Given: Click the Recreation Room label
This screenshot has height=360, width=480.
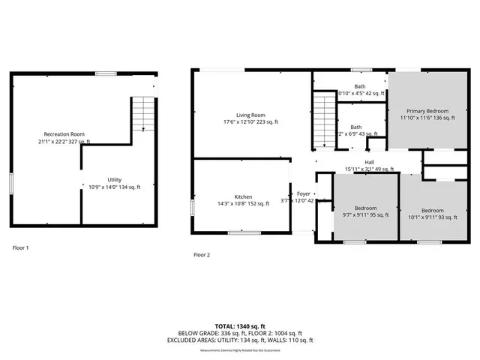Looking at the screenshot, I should [64, 133].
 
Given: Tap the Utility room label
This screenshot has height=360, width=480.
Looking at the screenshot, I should [114, 180].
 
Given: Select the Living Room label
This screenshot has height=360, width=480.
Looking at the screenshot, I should [250, 114].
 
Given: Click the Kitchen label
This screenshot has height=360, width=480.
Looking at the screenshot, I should [243, 196].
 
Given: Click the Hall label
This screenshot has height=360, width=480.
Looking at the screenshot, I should [369, 162].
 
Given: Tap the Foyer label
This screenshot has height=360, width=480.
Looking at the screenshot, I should [304, 193].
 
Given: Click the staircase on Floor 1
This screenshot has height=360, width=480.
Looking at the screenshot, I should [142, 115].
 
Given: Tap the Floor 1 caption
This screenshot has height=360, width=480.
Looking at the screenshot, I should [22, 247].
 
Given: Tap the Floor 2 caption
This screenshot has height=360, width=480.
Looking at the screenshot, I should [202, 254].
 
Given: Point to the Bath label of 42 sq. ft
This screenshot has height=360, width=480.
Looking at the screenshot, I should [361, 87].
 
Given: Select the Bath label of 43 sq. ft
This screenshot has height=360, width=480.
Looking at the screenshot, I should [355, 127].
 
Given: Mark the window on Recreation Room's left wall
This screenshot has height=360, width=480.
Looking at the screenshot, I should [11, 184].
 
